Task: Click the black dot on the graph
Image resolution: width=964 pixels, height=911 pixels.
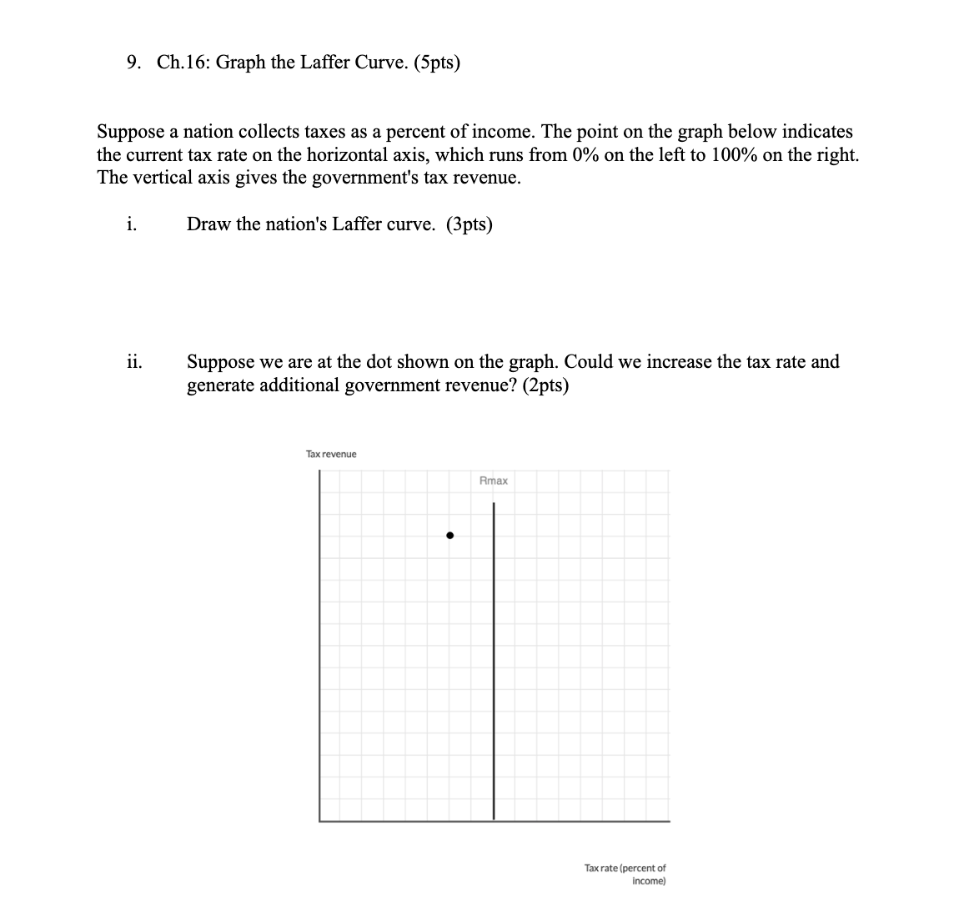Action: (x=449, y=536)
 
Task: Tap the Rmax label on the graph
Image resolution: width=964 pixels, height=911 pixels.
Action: (x=494, y=481)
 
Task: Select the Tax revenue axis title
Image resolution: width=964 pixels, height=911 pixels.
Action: (x=331, y=454)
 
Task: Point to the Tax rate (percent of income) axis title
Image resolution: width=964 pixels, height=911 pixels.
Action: (x=625, y=874)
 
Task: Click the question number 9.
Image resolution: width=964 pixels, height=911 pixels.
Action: (x=134, y=63)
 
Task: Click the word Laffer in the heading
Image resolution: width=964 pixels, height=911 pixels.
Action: (x=304, y=63)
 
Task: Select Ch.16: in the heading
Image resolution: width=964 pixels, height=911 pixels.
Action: (x=183, y=63)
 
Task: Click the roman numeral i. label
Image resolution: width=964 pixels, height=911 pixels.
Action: (x=132, y=224)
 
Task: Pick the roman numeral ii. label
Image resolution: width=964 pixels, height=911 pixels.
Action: (x=133, y=362)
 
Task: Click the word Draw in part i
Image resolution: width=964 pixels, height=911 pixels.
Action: (x=208, y=224)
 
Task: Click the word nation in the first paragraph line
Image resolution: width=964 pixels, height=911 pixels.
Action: (x=209, y=132)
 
